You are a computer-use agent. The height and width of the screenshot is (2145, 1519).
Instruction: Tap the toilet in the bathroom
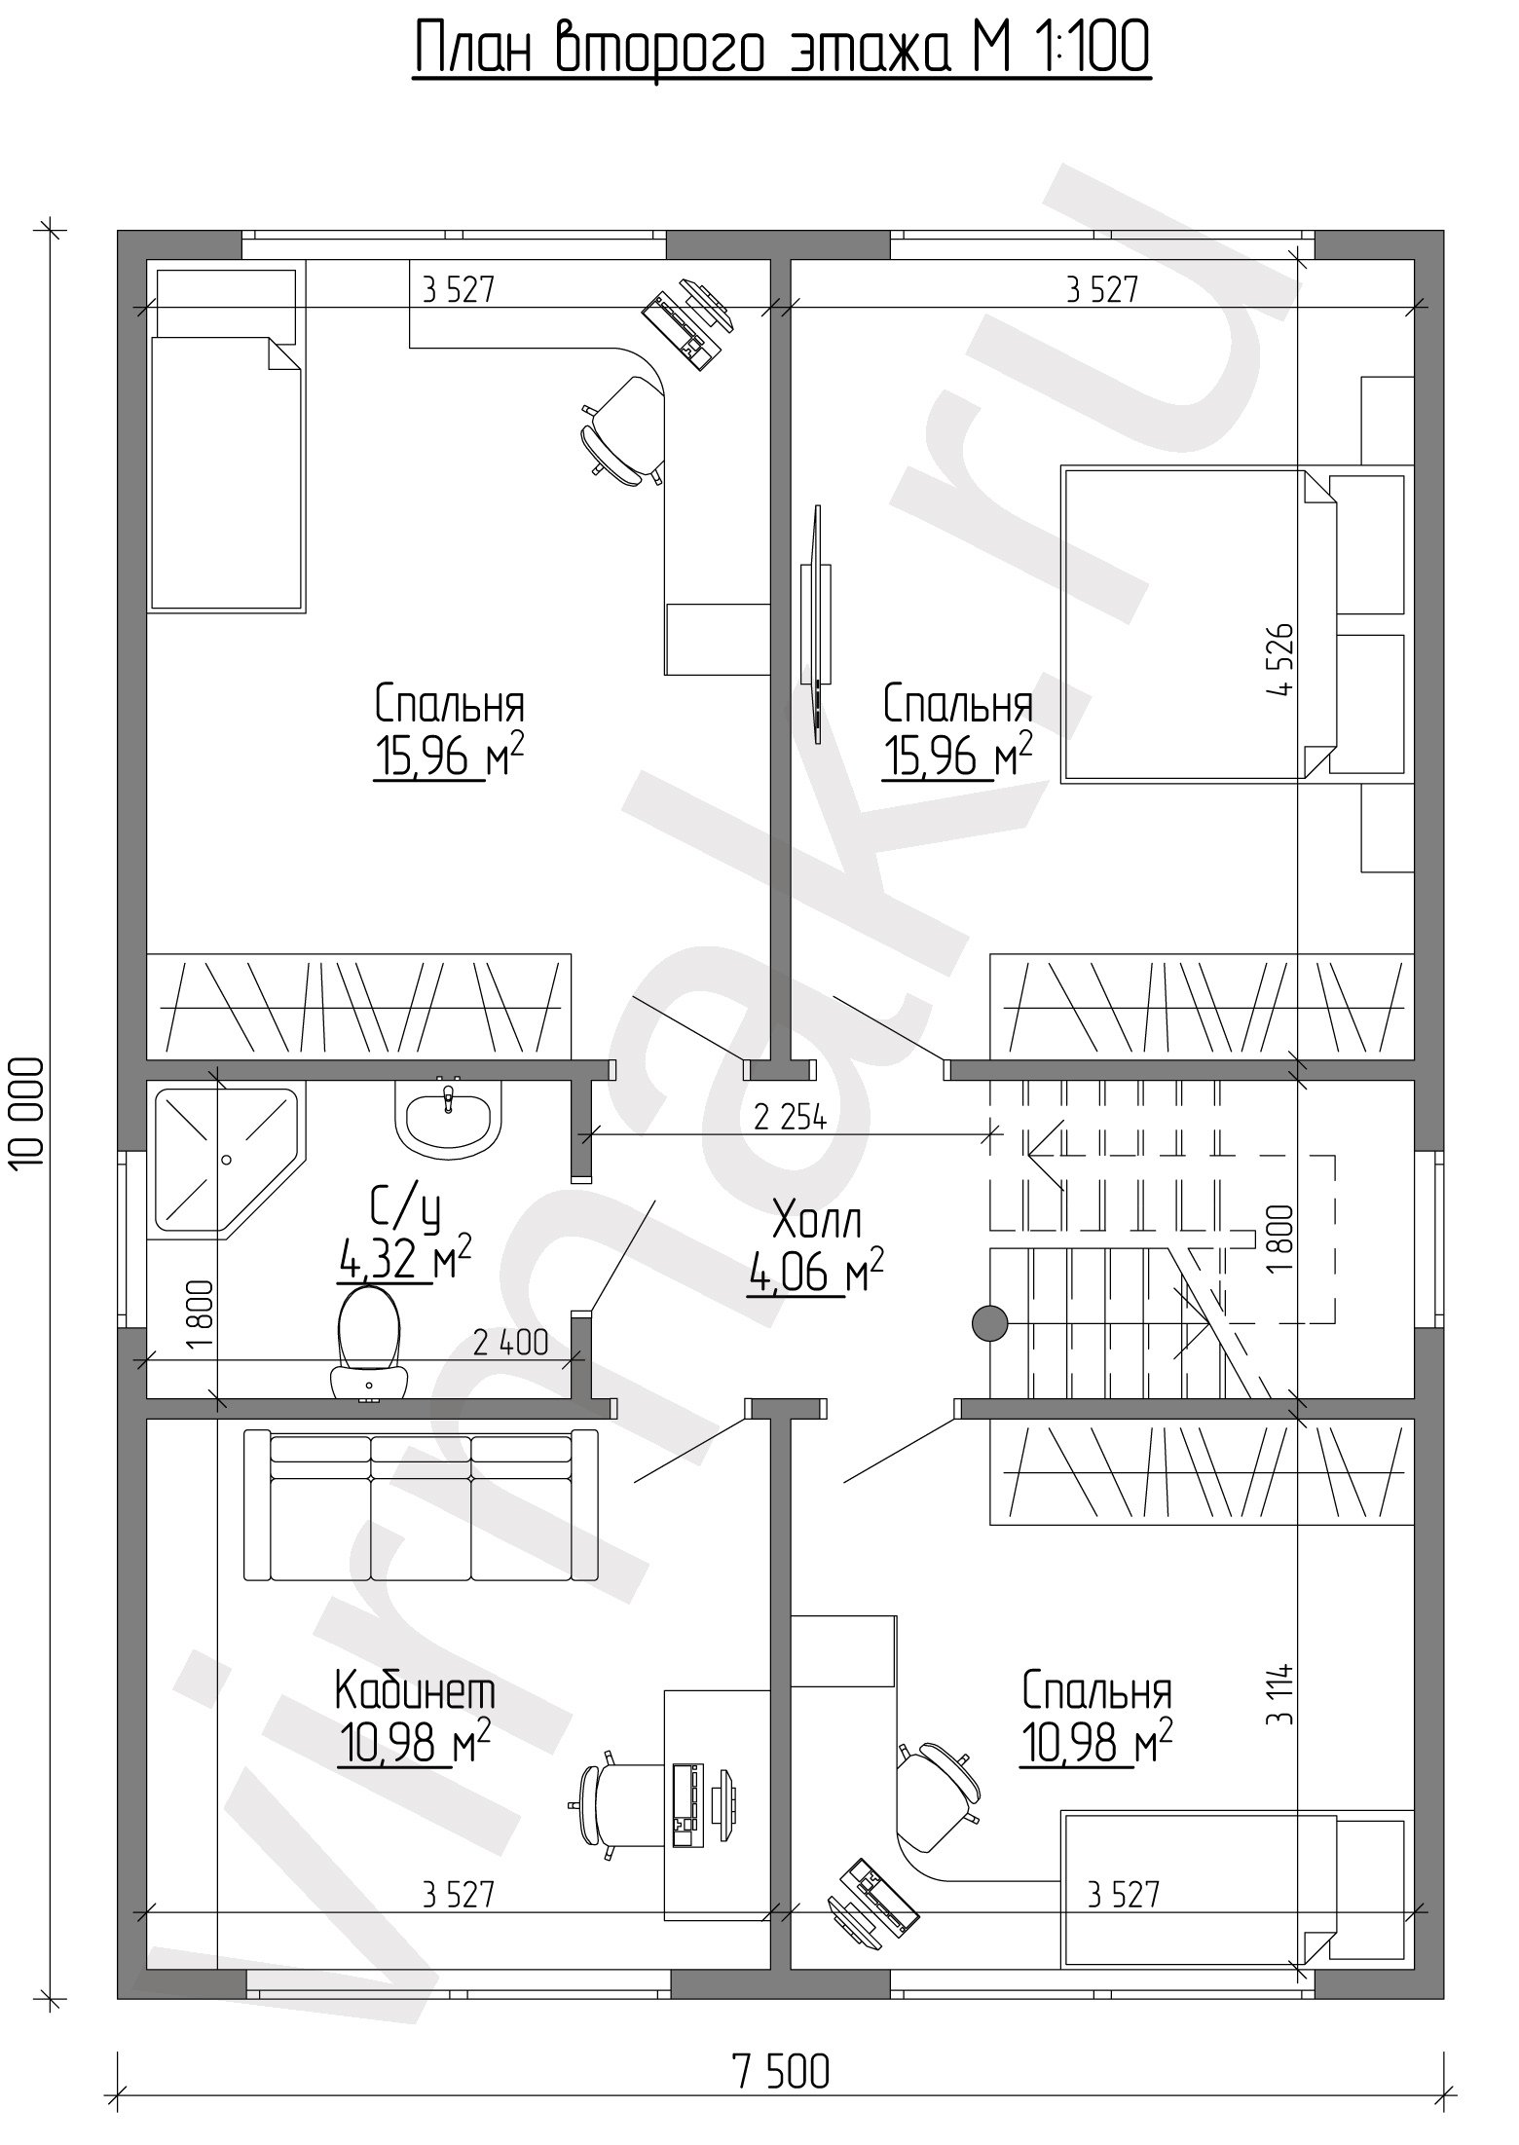[x=369, y=1345]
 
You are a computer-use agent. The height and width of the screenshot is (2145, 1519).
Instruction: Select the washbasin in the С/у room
[x=448, y=1119]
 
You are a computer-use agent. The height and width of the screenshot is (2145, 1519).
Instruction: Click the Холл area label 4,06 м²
[x=816, y=1272]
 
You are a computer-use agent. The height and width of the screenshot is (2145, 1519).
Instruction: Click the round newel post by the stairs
[x=990, y=1323]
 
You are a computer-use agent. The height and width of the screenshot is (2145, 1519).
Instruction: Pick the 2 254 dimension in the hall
[x=790, y=1119]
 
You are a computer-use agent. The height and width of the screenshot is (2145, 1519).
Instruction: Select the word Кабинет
[x=415, y=1691]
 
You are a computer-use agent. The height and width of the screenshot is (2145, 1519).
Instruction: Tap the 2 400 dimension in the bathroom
[x=511, y=1344]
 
